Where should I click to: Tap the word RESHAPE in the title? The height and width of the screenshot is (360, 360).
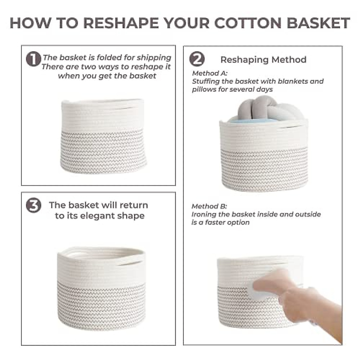(x=121, y=23)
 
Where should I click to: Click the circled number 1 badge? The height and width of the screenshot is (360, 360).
(x=33, y=59)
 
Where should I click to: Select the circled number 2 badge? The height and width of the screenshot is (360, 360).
(x=197, y=59)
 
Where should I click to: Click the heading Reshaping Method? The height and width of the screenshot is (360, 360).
(x=263, y=60)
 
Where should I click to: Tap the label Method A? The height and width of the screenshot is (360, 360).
(x=210, y=73)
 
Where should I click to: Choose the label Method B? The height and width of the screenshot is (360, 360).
(x=209, y=206)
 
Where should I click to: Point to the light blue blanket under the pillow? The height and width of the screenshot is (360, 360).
(x=252, y=121)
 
